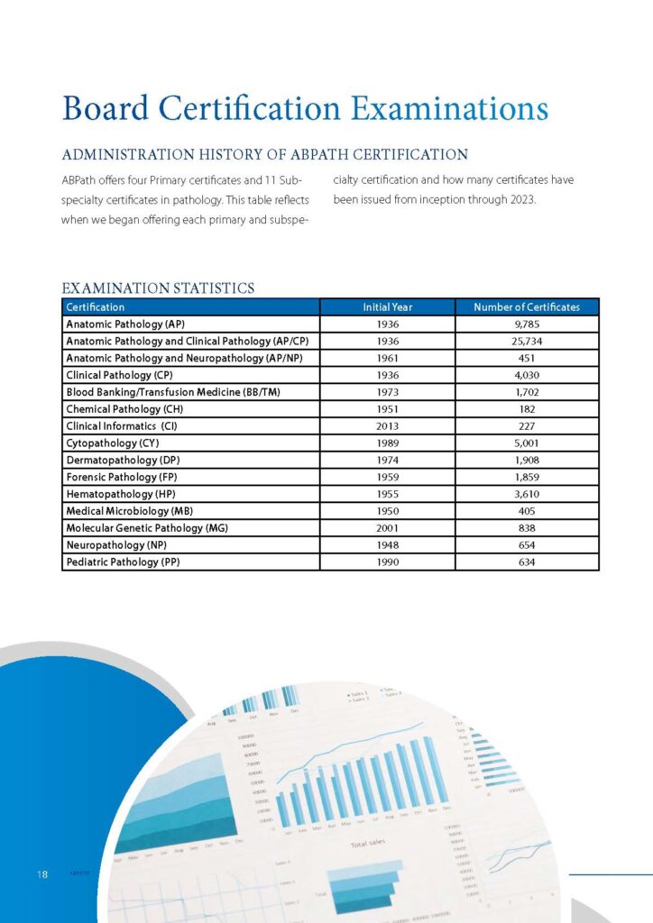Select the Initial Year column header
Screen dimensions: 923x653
tap(387, 307)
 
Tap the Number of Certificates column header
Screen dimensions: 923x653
tap(527, 307)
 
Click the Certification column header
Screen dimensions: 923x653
tap(96, 307)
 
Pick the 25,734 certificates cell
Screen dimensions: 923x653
tap(527, 341)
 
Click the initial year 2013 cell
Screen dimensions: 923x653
tap(387, 426)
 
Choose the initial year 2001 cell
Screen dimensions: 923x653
tap(387, 528)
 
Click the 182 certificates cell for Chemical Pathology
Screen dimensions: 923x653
tap(527, 409)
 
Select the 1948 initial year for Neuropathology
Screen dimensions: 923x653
tap(387, 545)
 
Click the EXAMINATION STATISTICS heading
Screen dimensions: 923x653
tap(158, 288)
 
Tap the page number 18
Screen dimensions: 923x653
tap(41, 875)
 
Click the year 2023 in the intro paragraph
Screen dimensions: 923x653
tap(520, 199)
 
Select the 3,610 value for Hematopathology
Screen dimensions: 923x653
tap(527, 494)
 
